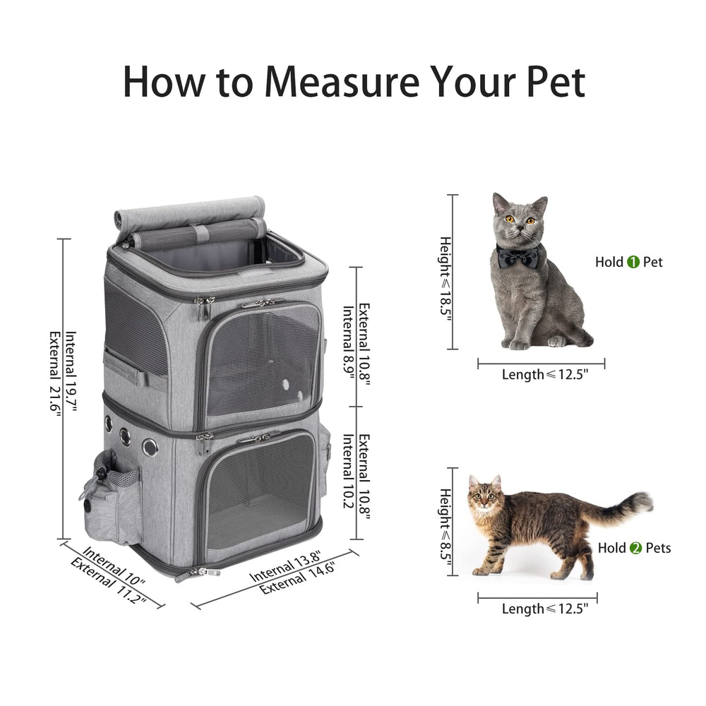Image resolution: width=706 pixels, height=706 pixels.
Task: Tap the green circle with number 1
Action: [633, 262]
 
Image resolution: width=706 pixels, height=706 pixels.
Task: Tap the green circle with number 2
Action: [635, 548]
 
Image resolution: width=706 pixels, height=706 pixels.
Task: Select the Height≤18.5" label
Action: [445, 278]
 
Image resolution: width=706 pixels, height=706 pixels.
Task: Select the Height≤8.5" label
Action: [445, 523]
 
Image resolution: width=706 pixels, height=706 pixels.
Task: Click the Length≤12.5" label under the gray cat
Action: [544, 375]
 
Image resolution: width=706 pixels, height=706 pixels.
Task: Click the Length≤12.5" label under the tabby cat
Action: [544, 609]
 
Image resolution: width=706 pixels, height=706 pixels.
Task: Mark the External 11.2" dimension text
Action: [107, 581]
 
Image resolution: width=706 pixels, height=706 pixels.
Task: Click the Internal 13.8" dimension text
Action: [285, 566]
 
